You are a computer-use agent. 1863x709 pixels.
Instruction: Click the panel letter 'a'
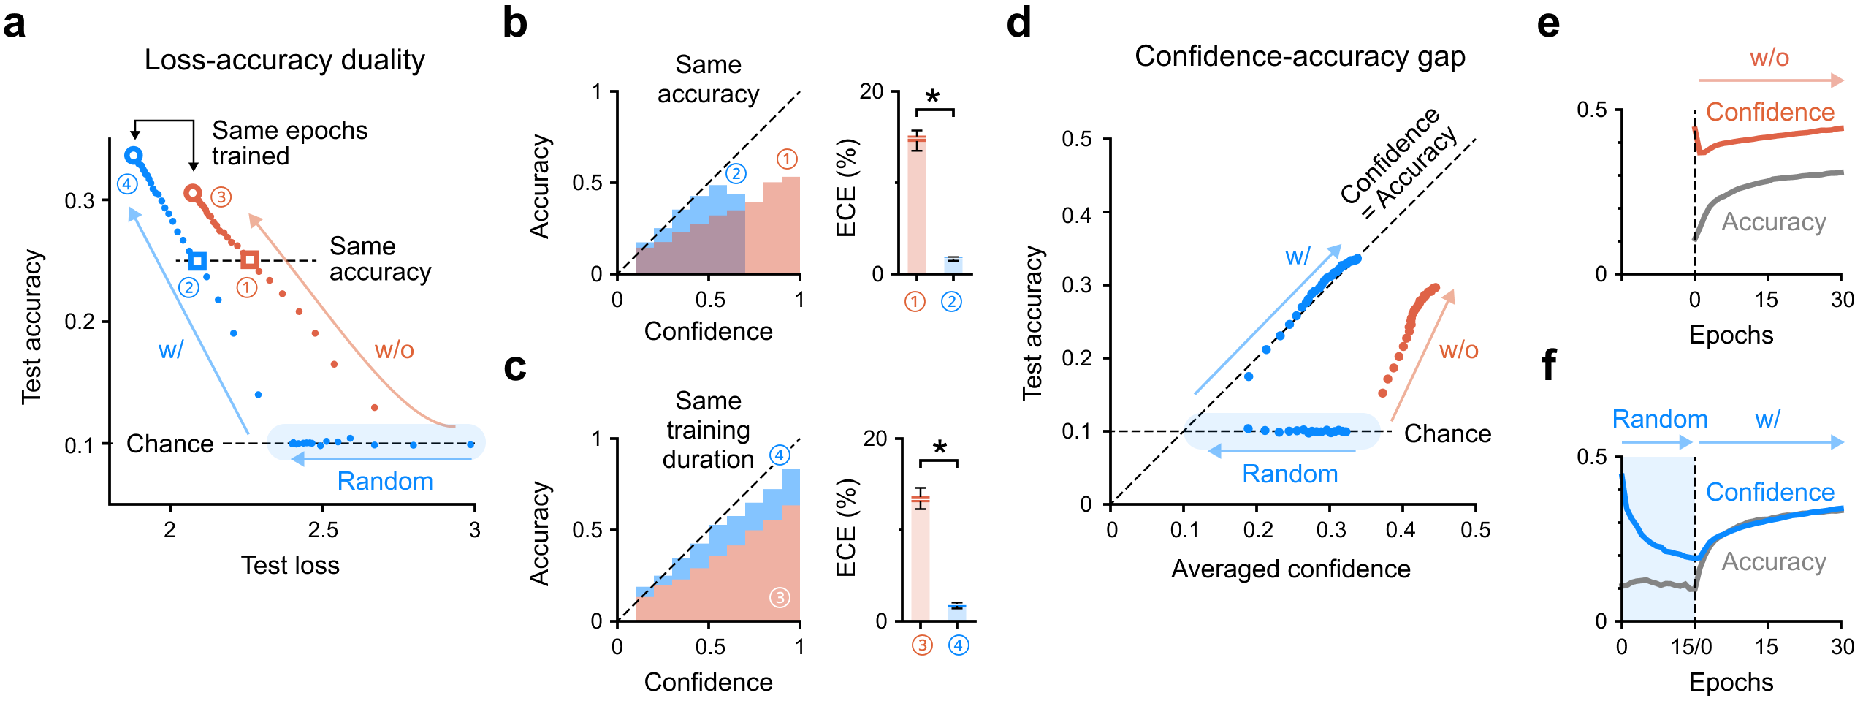pos(15,25)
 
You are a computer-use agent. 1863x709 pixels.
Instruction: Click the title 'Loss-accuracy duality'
pos(284,60)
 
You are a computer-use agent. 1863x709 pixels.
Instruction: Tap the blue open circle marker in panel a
pos(133,155)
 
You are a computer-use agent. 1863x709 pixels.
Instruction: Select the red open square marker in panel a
pos(250,259)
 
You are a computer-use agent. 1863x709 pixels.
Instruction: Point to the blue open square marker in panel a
pos(197,260)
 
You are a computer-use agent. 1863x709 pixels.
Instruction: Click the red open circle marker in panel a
pos(193,193)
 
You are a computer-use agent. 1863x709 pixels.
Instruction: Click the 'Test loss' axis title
pos(290,565)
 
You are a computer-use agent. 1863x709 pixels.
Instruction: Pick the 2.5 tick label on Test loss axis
pos(322,530)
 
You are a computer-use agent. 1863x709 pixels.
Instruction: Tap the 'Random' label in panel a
pos(385,481)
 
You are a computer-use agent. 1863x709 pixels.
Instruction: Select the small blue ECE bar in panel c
pos(956,613)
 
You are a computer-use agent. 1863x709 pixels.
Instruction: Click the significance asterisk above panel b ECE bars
pos(933,97)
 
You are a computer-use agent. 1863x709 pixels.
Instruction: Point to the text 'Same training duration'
pos(708,430)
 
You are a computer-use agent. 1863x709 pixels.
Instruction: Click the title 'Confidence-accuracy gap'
pos(1300,56)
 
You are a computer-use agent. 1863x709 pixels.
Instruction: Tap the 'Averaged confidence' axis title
pos(1291,569)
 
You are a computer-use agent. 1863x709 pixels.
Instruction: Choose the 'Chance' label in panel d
pos(1447,433)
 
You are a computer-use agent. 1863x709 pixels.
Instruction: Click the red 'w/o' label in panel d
pos(1458,350)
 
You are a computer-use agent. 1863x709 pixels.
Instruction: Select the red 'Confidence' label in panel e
pos(1769,112)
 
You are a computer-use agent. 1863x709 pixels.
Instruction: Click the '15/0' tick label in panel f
pos(1692,646)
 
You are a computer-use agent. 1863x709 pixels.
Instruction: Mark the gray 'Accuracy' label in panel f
pos(1774,561)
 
